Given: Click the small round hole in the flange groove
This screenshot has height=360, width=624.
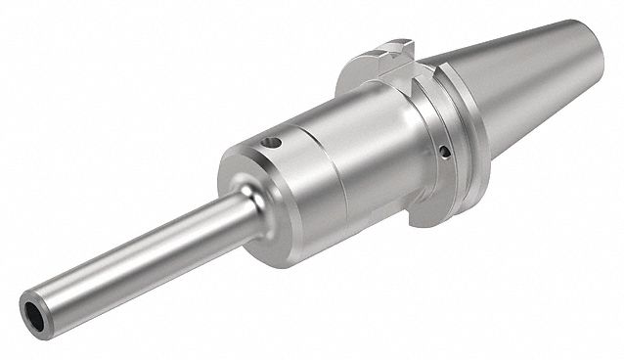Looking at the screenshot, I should tap(446, 152).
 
